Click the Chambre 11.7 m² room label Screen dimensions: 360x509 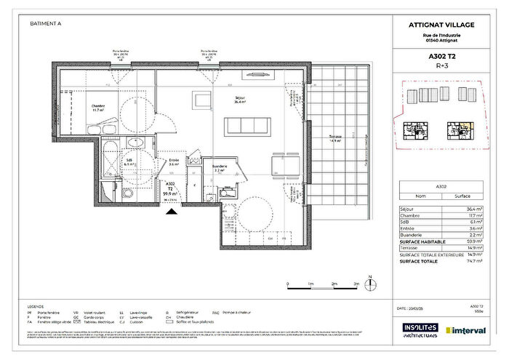[98, 108]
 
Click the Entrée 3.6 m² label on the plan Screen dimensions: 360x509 [174, 163]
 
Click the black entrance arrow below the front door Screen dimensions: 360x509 [171, 212]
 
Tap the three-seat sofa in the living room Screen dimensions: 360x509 [251, 126]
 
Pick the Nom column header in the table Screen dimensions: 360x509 [420, 196]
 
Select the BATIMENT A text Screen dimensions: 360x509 [45, 23]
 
